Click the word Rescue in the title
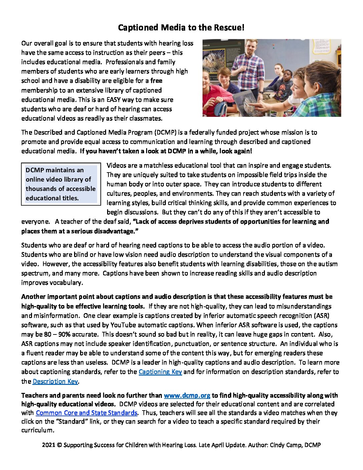point(229,28)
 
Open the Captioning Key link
point(160,372)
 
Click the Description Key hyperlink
point(55,381)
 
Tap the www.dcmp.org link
point(187,396)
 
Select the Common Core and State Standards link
point(86,413)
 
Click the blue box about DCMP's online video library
point(61,184)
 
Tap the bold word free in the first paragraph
point(156,81)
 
